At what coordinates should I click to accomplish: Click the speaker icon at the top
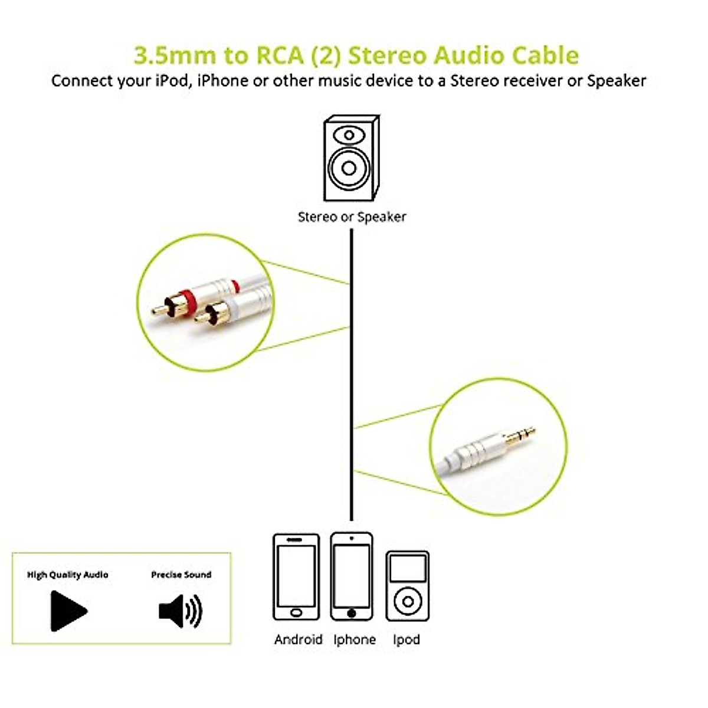click(x=350, y=158)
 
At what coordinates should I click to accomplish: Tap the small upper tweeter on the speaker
click(x=349, y=135)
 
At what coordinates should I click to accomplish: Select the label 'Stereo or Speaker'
click(x=352, y=217)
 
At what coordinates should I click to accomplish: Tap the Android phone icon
click(x=296, y=577)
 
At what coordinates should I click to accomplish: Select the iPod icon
click(x=407, y=586)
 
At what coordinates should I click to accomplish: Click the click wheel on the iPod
click(x=407, y=602)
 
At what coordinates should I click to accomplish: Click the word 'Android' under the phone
click(x=298, y=640)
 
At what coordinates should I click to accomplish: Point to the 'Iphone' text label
click(x=354, y=640)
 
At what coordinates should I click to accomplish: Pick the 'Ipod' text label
click(x=407, y=640)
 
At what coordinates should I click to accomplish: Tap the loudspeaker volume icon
click(x=180, y=611)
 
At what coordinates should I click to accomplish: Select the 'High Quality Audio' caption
click(x=68, y=575)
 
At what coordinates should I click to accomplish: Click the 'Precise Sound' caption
click(x=181, y=575)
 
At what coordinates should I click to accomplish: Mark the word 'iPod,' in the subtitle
click(x=173, y=81)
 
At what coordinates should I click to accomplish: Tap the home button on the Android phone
click(x=296, y=612)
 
